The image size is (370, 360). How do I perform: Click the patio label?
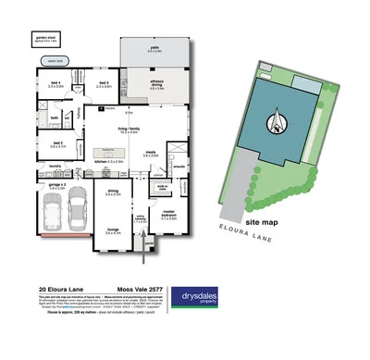154,50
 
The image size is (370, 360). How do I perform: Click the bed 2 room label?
56,144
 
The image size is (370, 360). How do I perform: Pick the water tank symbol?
53,62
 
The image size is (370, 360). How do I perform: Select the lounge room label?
112,232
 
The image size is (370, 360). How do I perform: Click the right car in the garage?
79,213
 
